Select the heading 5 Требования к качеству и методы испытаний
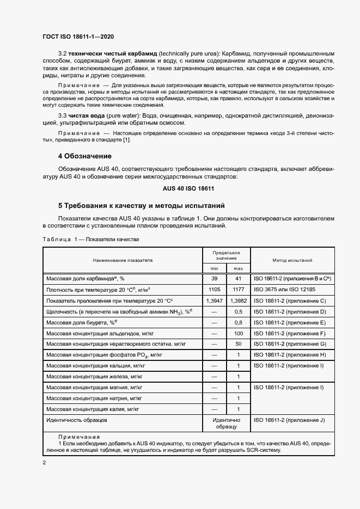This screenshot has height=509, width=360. (x=138, y=206)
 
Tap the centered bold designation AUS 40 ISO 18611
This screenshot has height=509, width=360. (x=188, y=188)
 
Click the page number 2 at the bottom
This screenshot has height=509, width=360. (x=45, y=462)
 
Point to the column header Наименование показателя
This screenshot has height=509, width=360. (x=122, y=260)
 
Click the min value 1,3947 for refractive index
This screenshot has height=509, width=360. (x=213, y=300)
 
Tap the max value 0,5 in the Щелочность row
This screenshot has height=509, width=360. (x=237, y=311)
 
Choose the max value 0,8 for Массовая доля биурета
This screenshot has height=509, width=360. (x=237, y=322)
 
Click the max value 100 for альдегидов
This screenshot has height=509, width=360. (x=237, y=333)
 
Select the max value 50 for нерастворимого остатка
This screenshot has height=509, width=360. (x=237, y=344)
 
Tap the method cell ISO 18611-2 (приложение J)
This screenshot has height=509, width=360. (x=289, y=420)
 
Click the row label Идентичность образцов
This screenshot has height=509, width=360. (x=77, y=420)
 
